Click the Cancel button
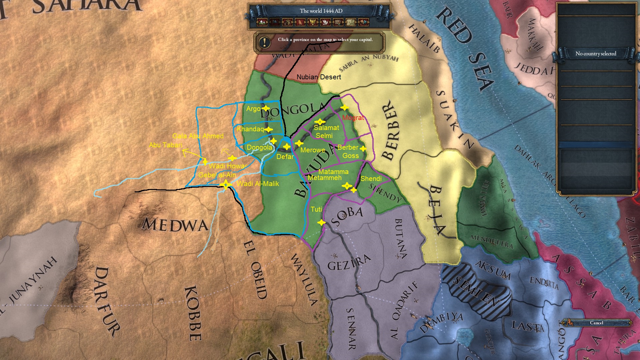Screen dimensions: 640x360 point(596,323)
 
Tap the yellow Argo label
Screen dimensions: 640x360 point(253,109)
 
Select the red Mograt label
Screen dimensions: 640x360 point(353,118)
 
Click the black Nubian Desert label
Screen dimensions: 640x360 point(319,77)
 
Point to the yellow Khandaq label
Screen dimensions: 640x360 point(250,129)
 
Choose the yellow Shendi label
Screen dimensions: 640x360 point(371,179)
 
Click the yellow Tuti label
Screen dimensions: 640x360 point(316,209)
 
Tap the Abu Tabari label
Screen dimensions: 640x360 point(166,145)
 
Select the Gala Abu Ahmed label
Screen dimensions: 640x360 point(198,136)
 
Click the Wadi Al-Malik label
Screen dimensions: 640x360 point(258,184)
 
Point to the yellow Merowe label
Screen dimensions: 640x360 point(313,150)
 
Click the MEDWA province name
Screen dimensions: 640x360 point(175,225)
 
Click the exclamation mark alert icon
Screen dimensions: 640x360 point(265,42)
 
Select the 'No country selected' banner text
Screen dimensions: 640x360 point(596,54)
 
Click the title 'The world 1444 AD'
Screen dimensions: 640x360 point(321,11)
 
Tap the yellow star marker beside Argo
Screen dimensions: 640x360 point(266,108)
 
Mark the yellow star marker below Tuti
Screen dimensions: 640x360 point(321,222)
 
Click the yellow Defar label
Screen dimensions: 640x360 point(285,157)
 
